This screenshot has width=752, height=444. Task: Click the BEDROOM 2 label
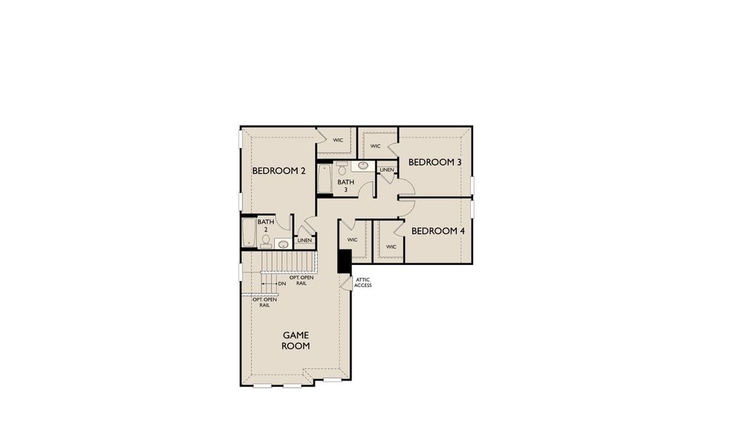tap(279, 171)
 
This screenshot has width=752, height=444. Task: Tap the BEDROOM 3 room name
tap(435, 162)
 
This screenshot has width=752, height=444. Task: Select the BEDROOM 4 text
tap(438, 231)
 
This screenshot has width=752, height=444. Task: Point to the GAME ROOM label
tap(295, 340)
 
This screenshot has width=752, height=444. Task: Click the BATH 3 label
tap(346, 186)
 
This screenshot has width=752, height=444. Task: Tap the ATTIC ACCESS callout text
tap(363, 282)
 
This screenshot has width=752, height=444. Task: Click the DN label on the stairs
tap(282, 283)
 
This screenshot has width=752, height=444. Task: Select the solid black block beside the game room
tap(344, 261)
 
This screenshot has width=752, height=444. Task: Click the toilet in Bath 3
tap(341, 167)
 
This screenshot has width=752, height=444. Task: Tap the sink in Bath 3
tap(364, 166)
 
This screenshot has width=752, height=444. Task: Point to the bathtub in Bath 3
tap(325, 179)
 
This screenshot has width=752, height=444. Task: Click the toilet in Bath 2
tap(266, 240)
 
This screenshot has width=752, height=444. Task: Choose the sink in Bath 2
tap(282, 243)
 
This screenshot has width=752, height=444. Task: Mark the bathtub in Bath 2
tap(249, 232)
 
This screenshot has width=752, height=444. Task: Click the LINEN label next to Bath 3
tap(386, 170)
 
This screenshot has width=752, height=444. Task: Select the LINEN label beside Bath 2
tap(304, 240)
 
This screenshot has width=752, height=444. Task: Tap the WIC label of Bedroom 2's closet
tap(338, 140)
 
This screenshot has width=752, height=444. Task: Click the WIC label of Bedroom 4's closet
tap(390, 246)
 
